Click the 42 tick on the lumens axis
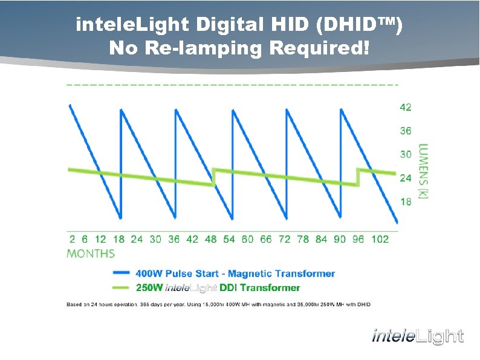[405, 107]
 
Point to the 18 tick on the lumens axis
[405, 201]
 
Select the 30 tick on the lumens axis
[405, 154]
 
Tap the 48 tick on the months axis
[210, 239]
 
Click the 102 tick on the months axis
[380, 239]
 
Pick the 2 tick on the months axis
[72, 239]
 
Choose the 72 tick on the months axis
[285, 239]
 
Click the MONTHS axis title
[91, 254]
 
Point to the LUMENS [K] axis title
[423, 172]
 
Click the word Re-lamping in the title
[204, 48]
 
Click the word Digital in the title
[232, 25]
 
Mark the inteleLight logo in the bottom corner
[418, 336]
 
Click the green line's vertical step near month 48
[214, 177]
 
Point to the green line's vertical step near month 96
[358, 177]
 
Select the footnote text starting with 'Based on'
[218, 304]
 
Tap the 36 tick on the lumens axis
[405, 131]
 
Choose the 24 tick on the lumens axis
[405, 178]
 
